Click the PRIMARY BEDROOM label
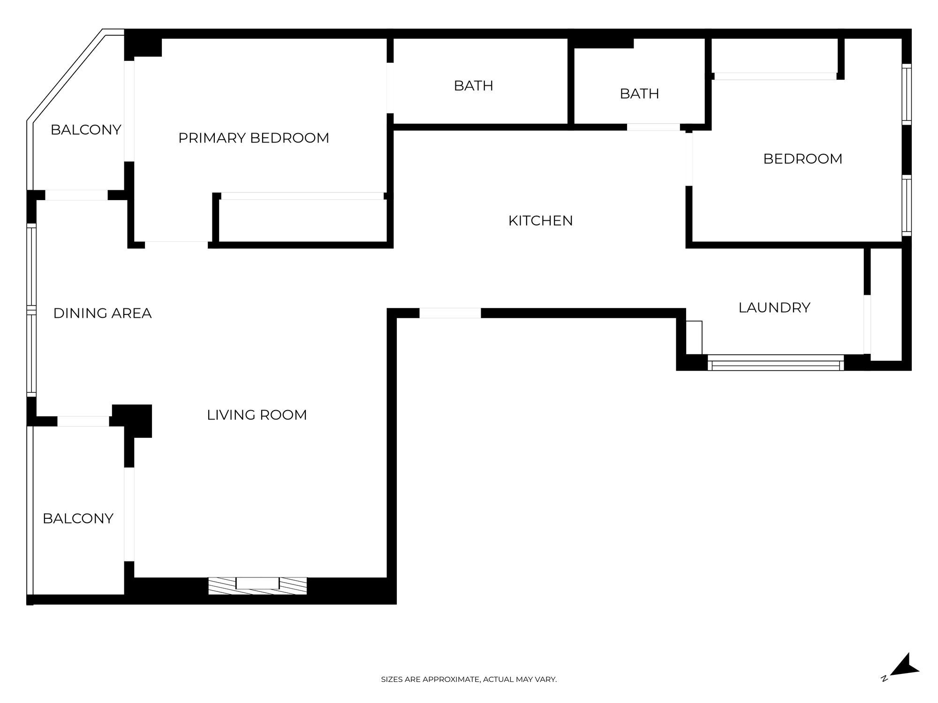pyautogui.click(x=253, y=138)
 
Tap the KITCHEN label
pyautogui.click(x=540, y=221)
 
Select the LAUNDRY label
pyautogui.click(x=774, y=307)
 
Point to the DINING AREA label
pyautogui.click(x=102, y=313)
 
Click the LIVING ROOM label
pyautogui.click(x=257, y=415)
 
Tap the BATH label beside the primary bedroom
pyautogui.click(x=473, y=86)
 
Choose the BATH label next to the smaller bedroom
pyautogui.click(x=639, y=94)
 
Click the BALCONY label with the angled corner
pyautogui.click(x=86, y=130)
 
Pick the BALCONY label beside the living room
pyautogui.click(x=78, y=518)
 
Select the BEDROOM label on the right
pyautogui.click(x=802, y=159)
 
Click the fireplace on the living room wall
pyautogui.click(x=257, y=586)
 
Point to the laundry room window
pyautogui.click(x=775, y=363)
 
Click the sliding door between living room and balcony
pyautogui.click(x=129, y=514)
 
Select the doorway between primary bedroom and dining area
pyautogui.click(x=176, y=244)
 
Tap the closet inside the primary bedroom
pyautogui.click(x=303, y=220)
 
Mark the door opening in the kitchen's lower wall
pyautogui.click(x=450, y=313)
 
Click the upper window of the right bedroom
pyautogui.click(x=907, y=94)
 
